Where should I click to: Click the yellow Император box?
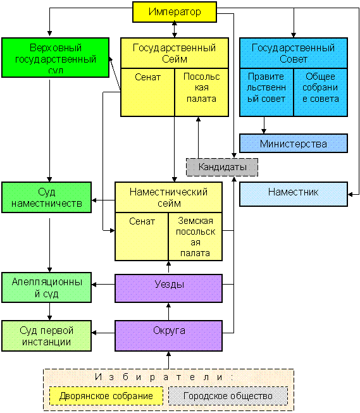tap(175, 12)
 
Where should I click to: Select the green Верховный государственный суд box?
tap(55, 58)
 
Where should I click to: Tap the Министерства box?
tap(294, 144)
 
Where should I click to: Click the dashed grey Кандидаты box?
tap(222, 167)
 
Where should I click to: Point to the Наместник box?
tap(294, 194)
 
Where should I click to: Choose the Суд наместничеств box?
tap(46, 197)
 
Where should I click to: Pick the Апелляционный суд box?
tap(46, 287)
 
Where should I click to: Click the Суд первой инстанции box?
tap(46, 336)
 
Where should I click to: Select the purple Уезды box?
tap(169, 288)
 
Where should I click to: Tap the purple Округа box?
tap(169, 336)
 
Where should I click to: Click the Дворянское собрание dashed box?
tap(106, 396)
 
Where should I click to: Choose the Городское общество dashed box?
tap(228, 396)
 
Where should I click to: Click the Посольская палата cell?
tap(202, 92)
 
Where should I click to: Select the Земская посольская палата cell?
tap(196, 237)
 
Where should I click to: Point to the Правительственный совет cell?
tap(266, 92)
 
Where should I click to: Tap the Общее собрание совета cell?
tap(321, 92)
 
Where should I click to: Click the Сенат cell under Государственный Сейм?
tap(147, 92)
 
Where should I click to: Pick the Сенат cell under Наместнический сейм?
tap(142, 237)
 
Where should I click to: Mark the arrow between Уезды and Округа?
tap(169, 312)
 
